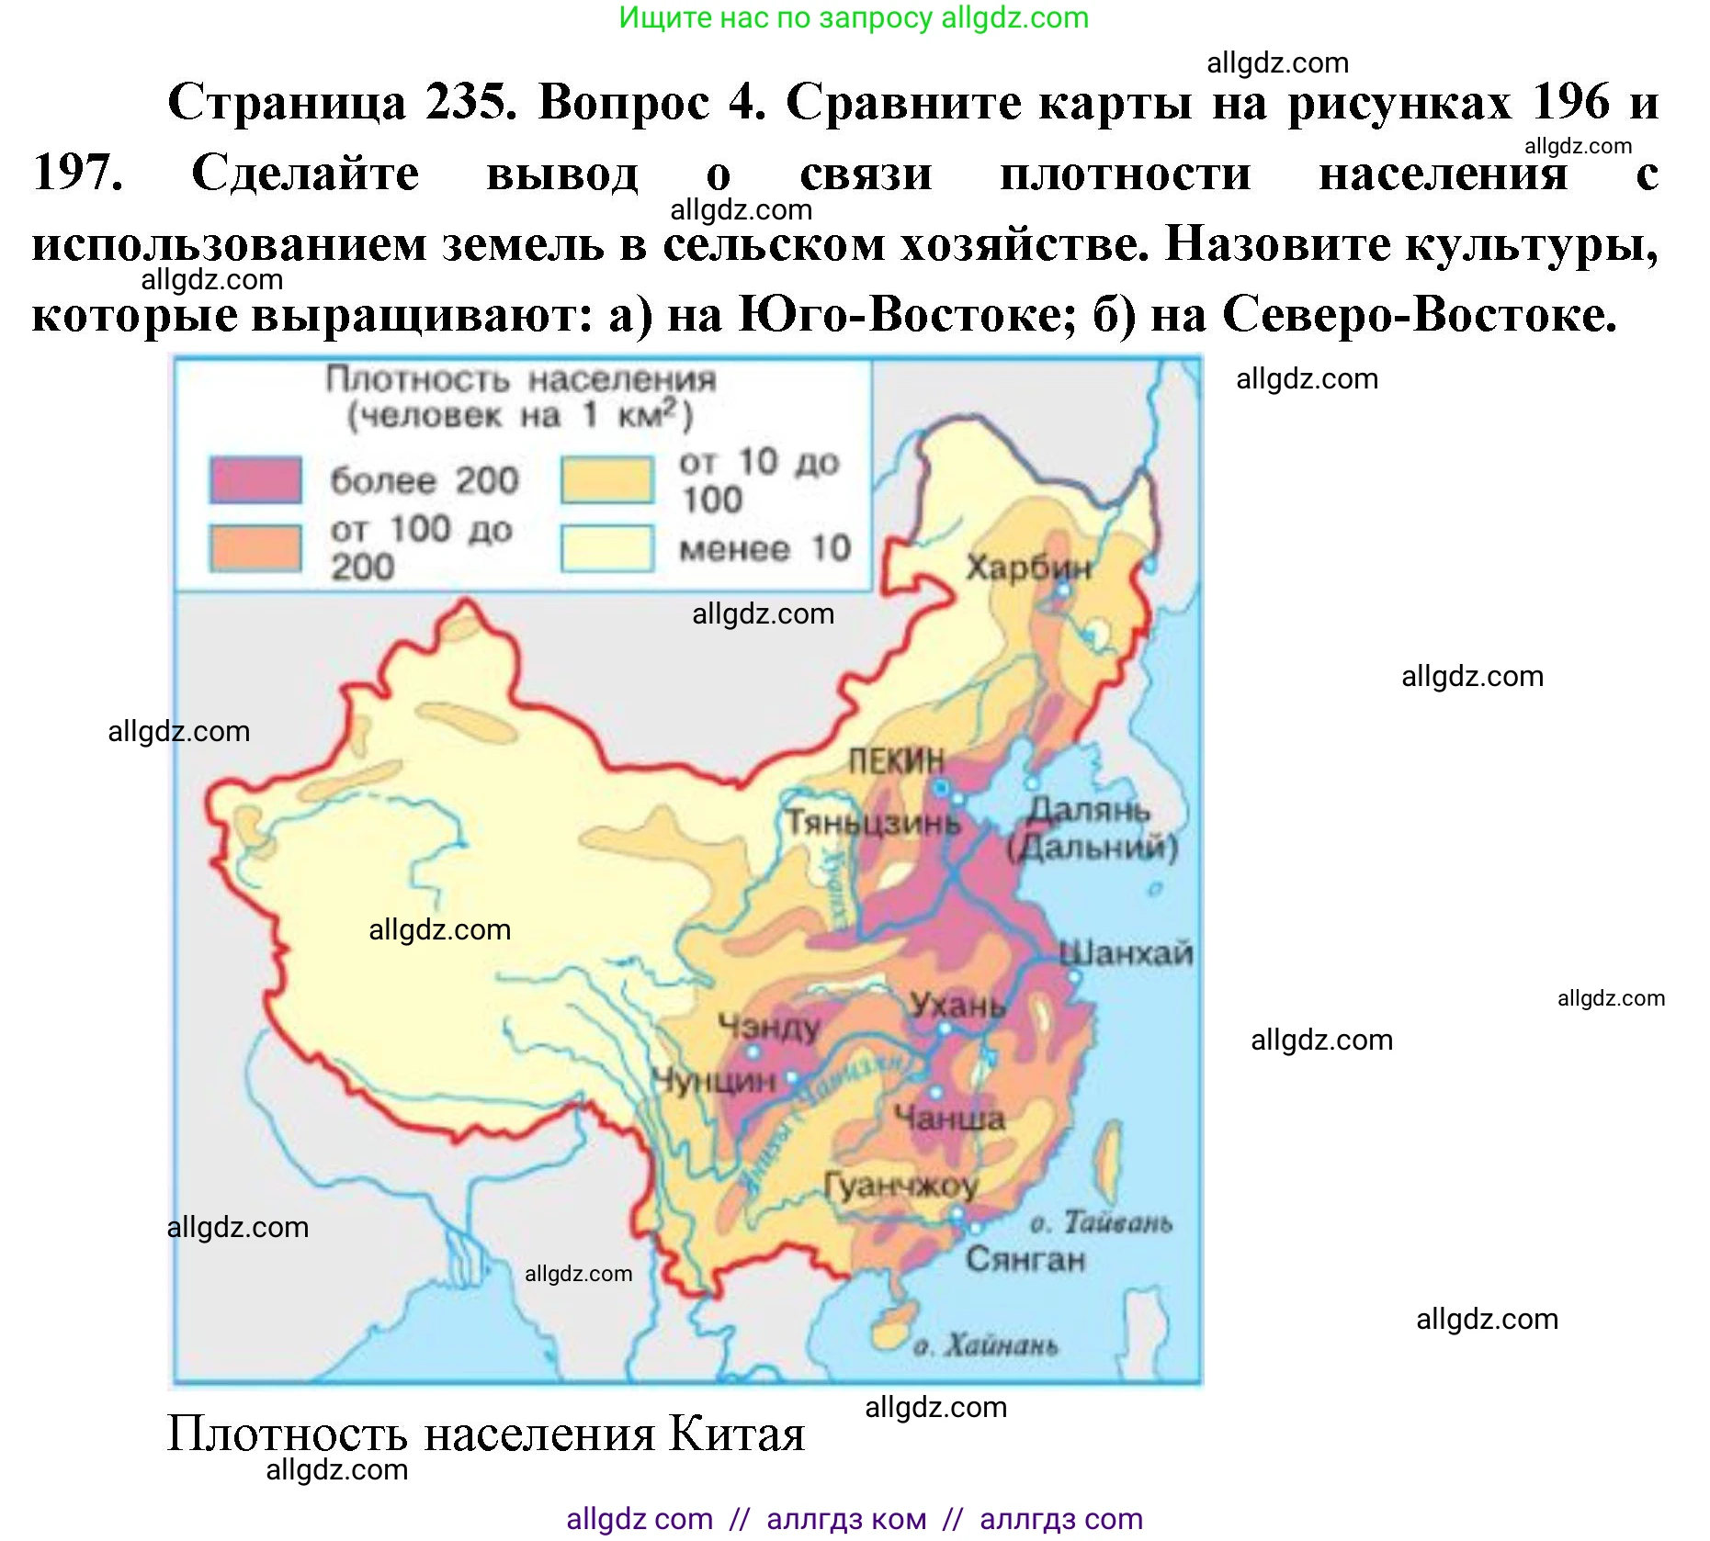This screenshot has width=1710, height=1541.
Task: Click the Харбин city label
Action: click(1028, 568)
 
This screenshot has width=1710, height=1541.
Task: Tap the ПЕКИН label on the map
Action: click(896, 761)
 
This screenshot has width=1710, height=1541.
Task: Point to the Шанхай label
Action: click(1127, 953)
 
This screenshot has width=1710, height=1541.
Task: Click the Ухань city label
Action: click(957, 1006)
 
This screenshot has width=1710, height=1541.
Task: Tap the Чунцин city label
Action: click(714, 1081)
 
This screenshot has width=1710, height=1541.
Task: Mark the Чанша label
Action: click(949, 1119)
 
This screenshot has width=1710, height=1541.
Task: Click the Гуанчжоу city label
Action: click(900, 1187)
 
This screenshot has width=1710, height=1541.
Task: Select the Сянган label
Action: click(1025, 1259)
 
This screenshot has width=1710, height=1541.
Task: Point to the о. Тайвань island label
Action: click(1101, 1223)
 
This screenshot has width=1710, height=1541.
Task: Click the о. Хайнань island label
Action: click(985, 1346)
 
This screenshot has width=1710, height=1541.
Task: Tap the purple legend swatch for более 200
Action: click(255, 479)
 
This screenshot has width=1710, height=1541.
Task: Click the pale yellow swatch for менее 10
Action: click(607, 548)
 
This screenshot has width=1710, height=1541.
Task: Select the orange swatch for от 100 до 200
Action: click(255, 548)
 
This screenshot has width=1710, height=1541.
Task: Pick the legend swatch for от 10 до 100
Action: click(607, 480)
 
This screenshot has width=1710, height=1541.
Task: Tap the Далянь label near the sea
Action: click(1089, 811)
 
